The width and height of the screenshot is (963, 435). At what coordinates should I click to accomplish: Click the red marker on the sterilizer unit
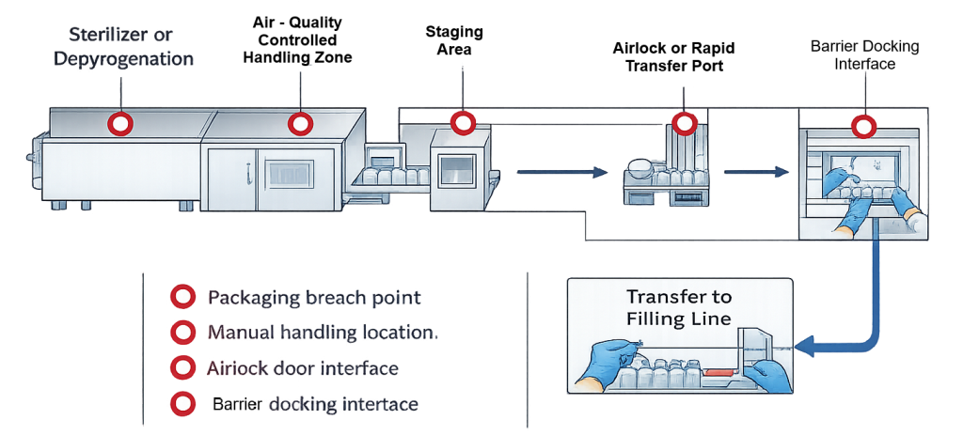click(119, 123)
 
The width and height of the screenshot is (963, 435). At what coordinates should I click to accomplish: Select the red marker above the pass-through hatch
click(462, 123)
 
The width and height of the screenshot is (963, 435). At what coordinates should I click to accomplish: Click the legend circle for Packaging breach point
click(181, 298)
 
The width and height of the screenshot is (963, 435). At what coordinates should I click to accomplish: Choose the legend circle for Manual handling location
click(181, 333)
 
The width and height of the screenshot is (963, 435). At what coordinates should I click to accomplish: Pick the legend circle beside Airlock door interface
click(181, 367)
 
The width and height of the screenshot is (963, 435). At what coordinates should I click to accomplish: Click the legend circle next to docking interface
click(181, 403)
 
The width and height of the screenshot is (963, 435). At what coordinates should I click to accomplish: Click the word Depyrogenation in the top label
click(123, 58)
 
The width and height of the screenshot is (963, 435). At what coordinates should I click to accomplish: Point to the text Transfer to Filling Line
click(679, 307)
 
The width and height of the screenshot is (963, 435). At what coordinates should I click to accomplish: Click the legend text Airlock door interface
click(302, 368)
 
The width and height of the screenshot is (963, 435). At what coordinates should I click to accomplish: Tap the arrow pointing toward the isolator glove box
click(755, 172)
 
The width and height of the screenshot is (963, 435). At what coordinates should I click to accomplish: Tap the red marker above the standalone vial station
click(685, 123)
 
